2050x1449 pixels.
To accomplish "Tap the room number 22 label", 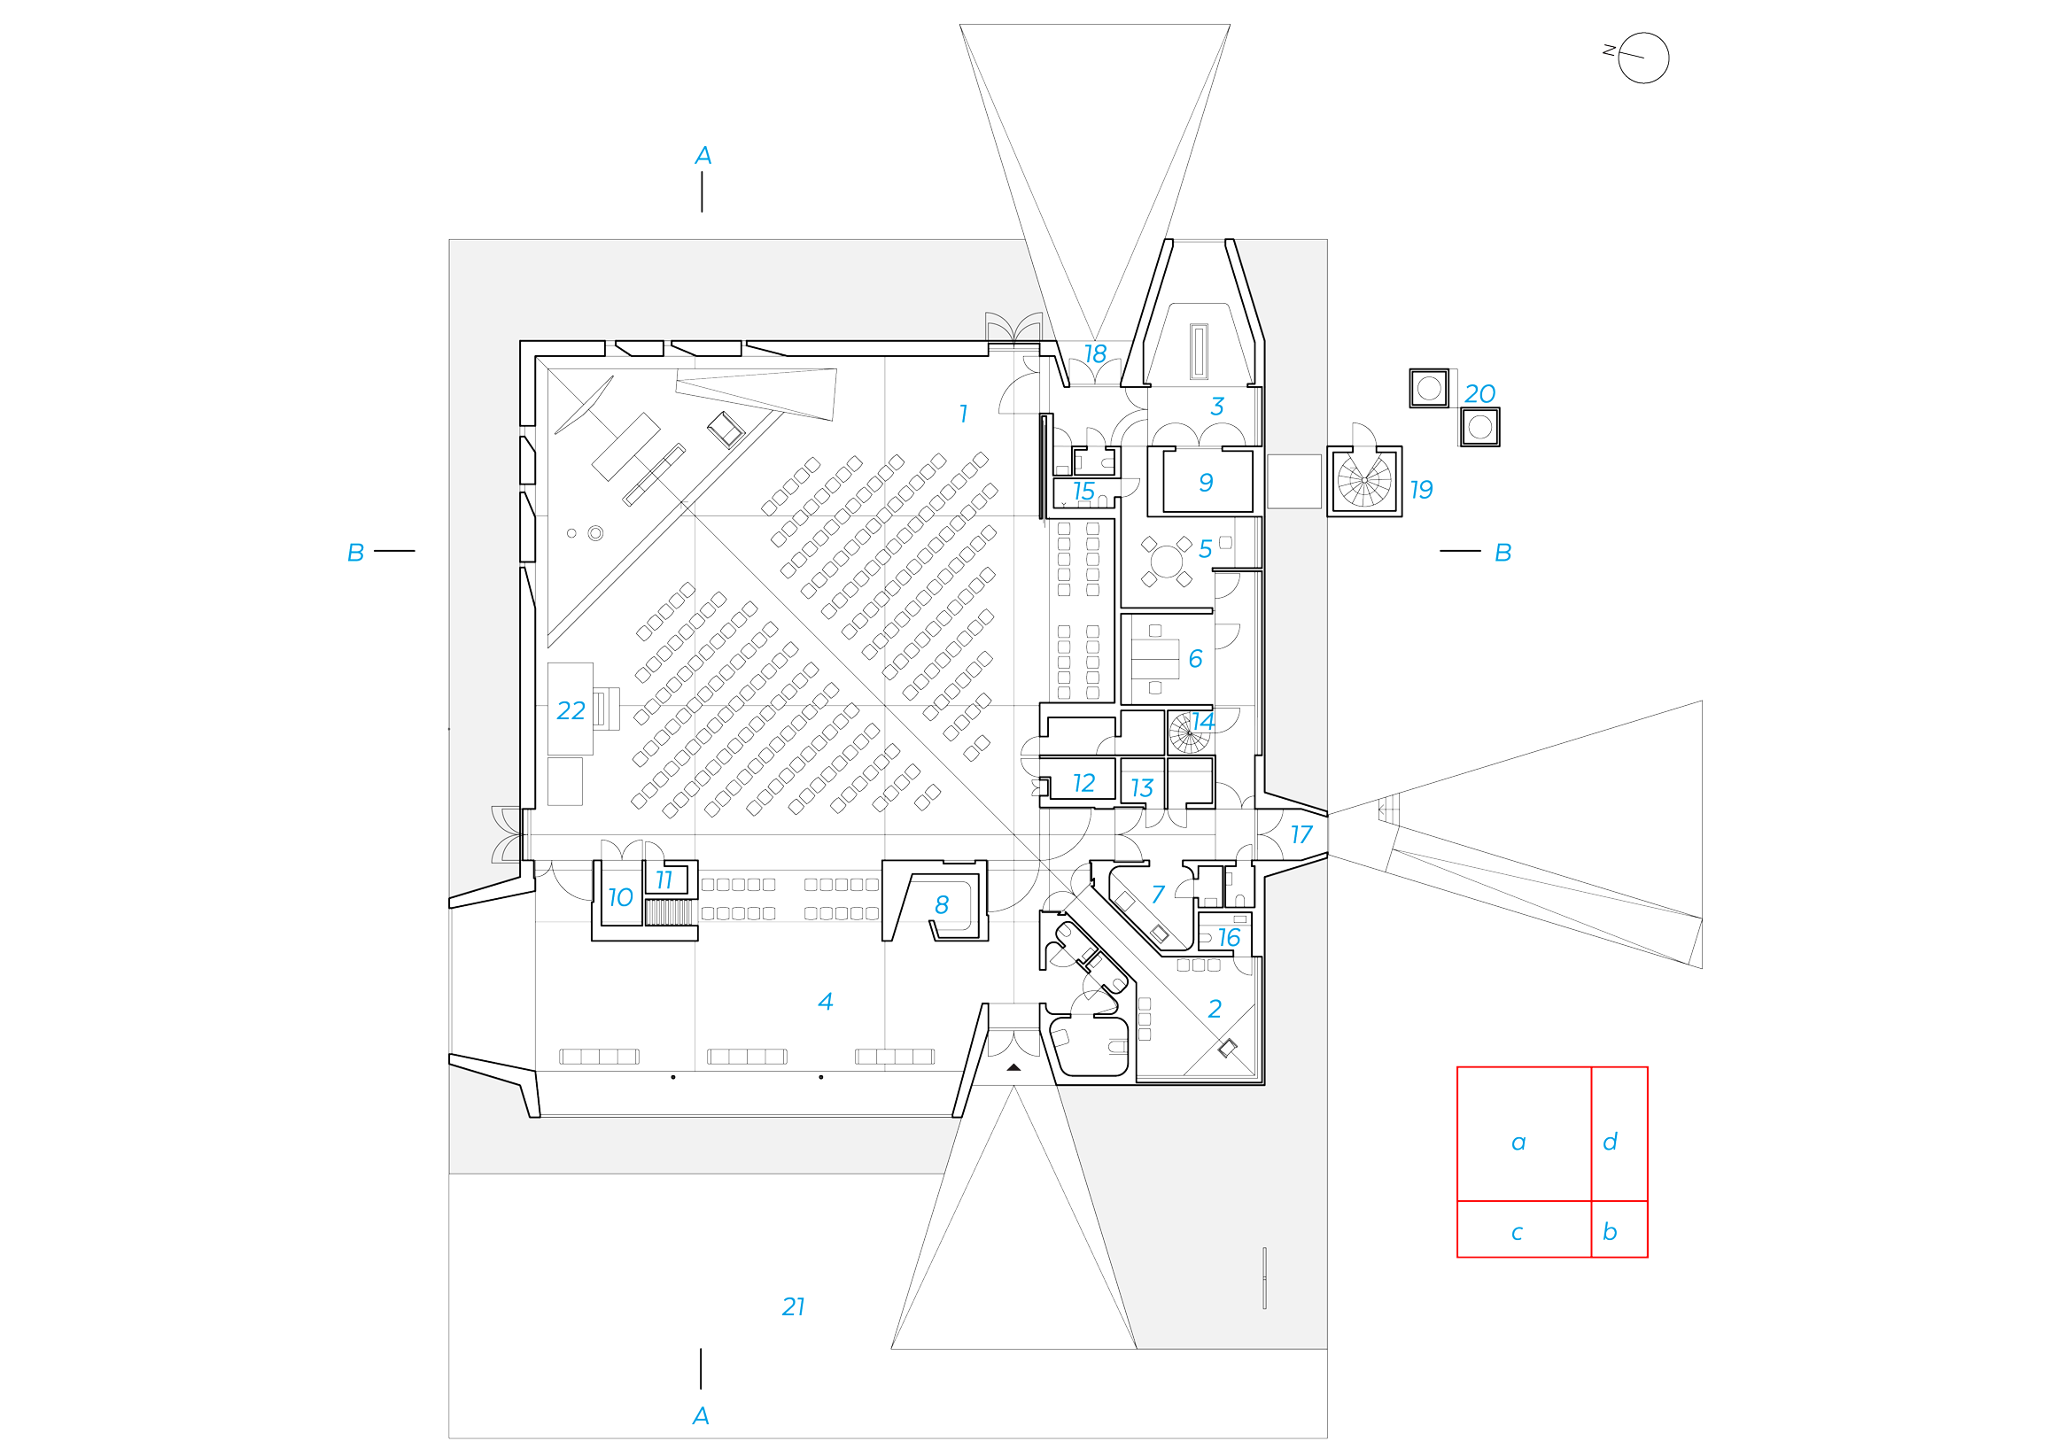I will coord(571,710).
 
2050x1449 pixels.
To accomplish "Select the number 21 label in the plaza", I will coord(793,1307).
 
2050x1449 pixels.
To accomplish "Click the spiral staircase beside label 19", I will coord(1364,480).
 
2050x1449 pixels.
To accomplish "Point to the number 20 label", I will coord(1479,394).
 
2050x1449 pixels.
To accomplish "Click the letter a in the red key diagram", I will coord(1518,1143).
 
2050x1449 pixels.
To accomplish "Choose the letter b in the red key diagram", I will coord(1610,1232).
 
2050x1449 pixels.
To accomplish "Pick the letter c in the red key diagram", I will coord(1517,1233).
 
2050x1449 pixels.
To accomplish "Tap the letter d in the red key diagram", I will coord(1610,1142).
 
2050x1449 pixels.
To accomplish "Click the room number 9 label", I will coord(1206,482).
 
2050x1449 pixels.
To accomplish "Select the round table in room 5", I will coord(1166,561).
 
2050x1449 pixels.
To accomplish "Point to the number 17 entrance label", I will coord(1301,834).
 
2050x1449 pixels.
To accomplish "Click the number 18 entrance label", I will coord(1096,354).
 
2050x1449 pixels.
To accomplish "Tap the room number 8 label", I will coord(941,905).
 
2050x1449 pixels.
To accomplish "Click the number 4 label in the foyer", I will coord(825,1002).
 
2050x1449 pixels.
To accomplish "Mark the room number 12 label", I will coord(1083,783).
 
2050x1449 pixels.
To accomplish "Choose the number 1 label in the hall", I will coord(962,414).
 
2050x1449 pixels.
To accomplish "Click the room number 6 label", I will coord(1195,659).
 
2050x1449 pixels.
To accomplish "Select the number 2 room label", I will coord(1215,1009).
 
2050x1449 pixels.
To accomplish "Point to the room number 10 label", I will coord(619,897).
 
